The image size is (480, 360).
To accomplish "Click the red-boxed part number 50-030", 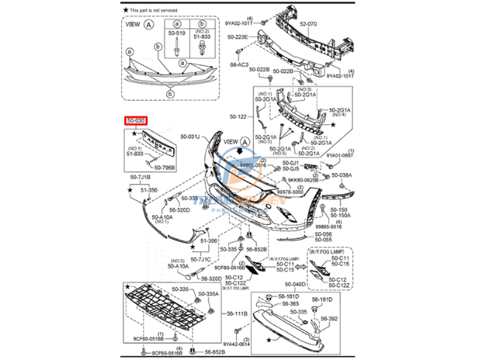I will coord(135,120).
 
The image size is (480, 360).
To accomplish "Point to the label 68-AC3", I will coord(238,64).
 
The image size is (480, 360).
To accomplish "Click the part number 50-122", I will coord(238,117).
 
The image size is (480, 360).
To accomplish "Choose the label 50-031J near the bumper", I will coord(191,137).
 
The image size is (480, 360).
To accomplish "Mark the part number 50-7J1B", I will coord(140,178).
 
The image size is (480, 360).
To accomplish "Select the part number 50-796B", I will coord(164,167).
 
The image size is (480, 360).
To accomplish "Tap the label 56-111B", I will coord(238,313).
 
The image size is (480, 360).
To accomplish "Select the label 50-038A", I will coord(341,175).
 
